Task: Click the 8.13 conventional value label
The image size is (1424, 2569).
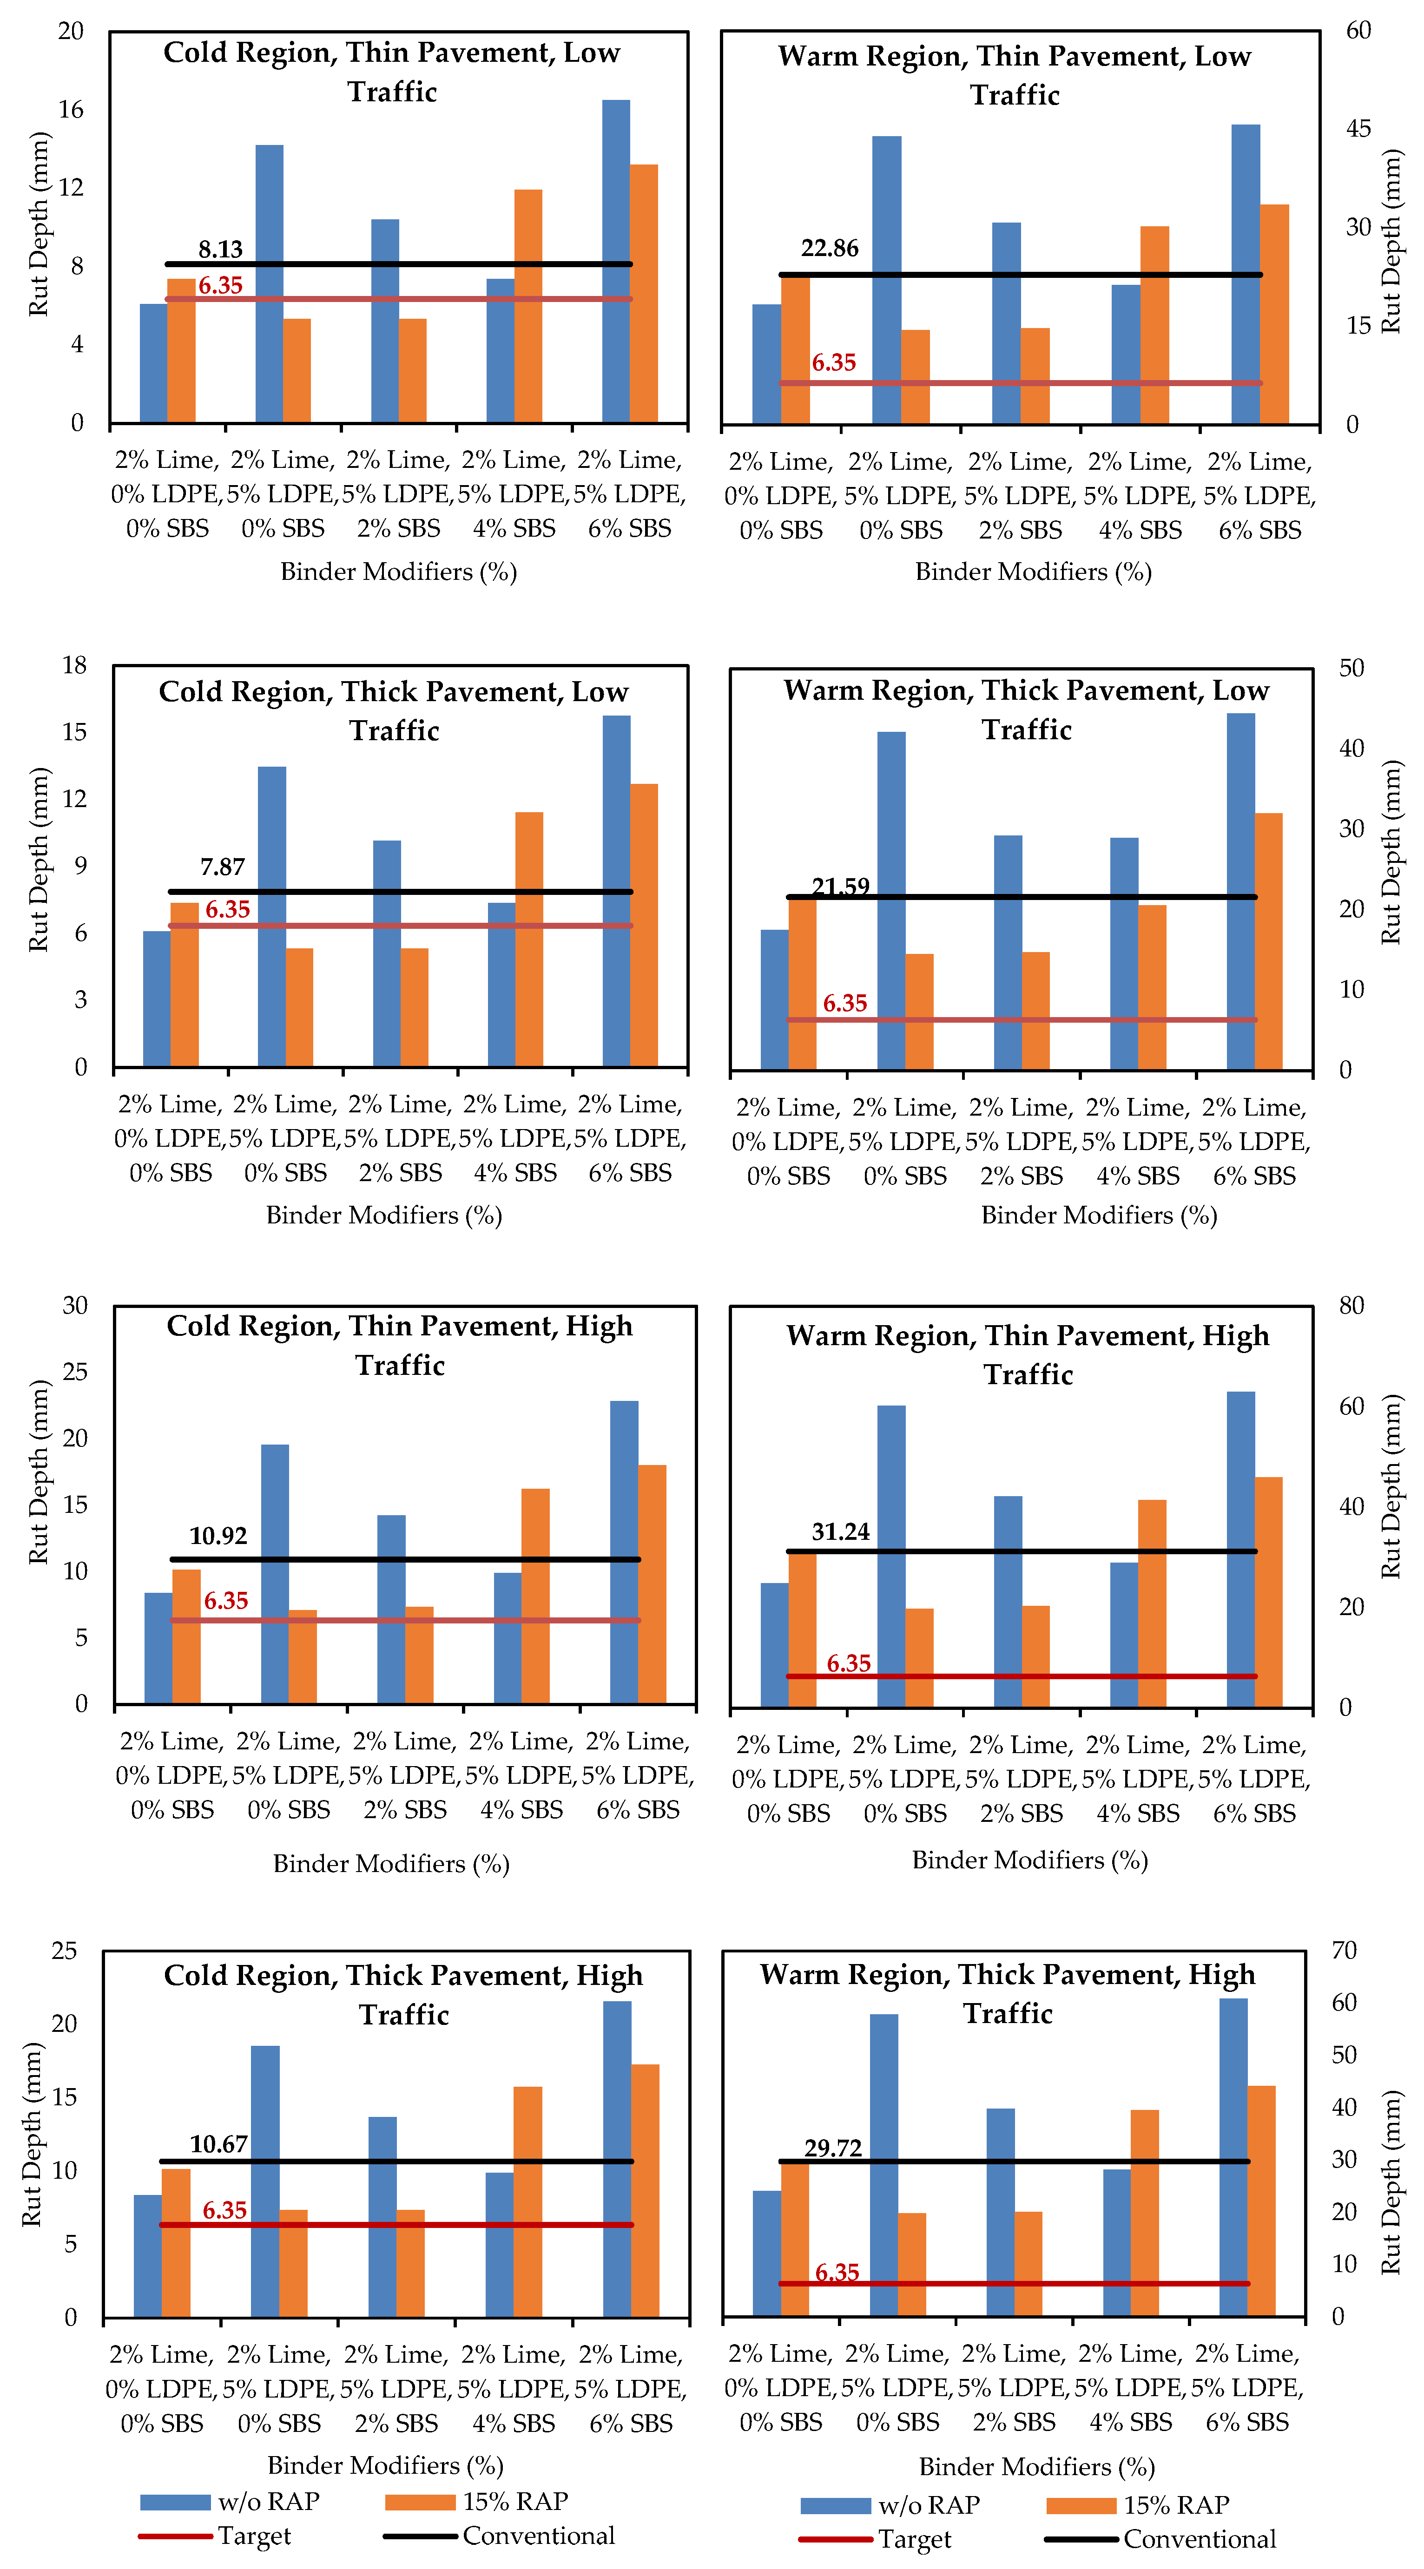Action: pos(220,250)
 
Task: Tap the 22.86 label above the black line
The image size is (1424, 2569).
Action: pos(830,248)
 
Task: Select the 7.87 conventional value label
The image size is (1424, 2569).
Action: pos(222,867)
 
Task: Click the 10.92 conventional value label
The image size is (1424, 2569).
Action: pos(218,1536)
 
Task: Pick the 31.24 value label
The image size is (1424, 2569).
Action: pos(841,1532)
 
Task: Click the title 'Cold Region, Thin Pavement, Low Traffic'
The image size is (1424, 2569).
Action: pos(392,72)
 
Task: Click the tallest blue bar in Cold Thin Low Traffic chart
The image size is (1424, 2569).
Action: pos(616,259)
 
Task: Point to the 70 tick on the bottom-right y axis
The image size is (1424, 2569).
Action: pos(1344,1951)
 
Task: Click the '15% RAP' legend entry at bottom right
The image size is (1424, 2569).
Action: pos(1177,2505)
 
